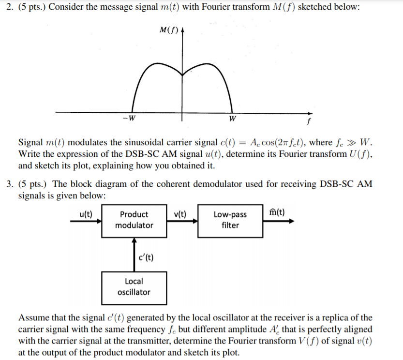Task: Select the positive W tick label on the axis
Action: (x=233, y=119)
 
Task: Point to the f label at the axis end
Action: (x=309, y=122)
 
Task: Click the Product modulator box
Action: (x=134, y=220)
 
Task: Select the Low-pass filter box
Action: (x=230, y=220)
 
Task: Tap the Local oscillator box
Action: (x=134, y=286)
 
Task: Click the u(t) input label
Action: (x=85, y=213)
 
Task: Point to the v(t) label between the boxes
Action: (x=182, y=213)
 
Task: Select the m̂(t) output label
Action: (x=277, y=212)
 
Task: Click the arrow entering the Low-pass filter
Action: (x=182, y=220)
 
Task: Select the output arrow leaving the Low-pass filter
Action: (x=278, y=220)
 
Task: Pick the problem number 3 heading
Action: (x=5, y=184)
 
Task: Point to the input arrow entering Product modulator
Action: (x=86, y=220)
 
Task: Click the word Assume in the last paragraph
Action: (x=32, y=318)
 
